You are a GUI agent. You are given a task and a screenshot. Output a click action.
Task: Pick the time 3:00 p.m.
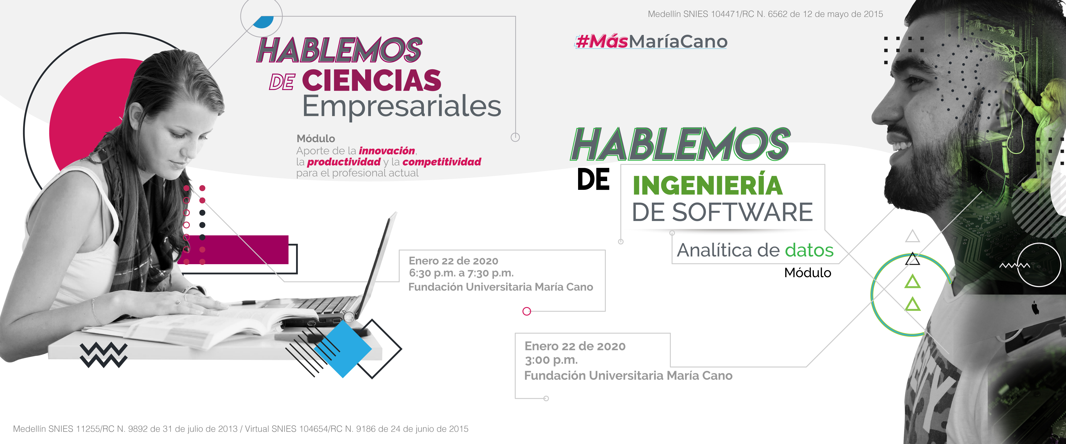coord(551,360)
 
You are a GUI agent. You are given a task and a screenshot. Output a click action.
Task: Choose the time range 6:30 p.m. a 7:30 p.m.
coord(461,273)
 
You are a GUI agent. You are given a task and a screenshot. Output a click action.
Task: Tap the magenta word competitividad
coord(441,162)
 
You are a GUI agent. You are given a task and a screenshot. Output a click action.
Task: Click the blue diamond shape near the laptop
coord(343,349)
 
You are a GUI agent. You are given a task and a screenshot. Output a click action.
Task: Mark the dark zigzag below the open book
coord(103,355)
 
